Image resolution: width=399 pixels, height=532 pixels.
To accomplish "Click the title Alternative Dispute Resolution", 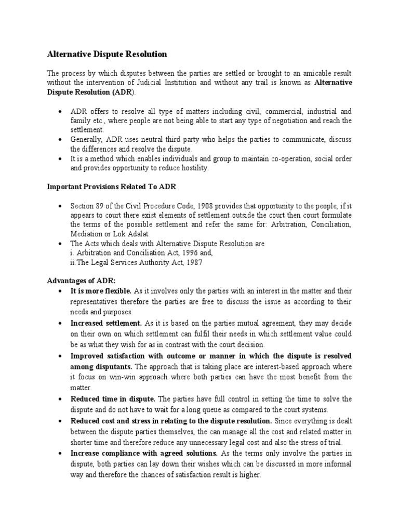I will pyautogui.click(x=107, y=54).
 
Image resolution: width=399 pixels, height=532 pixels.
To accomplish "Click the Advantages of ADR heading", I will pyautogui.click(x=77, y=280).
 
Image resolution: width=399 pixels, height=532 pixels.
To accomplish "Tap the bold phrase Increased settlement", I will pyautogui.click(x=106, y=323).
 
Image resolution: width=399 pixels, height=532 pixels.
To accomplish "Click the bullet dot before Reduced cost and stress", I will pyautogui.click(x=60, y=420).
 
